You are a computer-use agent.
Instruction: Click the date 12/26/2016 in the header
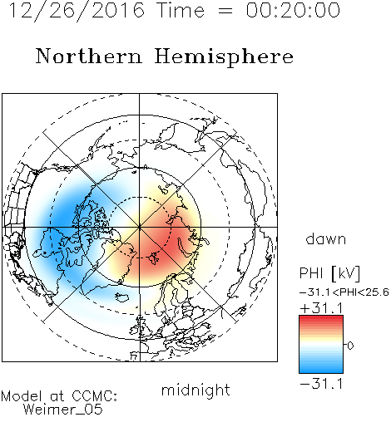(77, 11)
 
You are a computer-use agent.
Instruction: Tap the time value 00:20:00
(293, 10)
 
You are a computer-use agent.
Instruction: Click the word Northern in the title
(89, 56)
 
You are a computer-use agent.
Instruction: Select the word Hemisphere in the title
(224, 57)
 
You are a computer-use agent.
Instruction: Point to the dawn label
(326, 238)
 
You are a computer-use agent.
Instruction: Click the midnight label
(195, 390)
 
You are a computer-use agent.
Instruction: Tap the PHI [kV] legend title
(329, 273)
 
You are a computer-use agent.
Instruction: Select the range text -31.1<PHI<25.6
(344, 292)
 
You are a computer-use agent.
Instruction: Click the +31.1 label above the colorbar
(322, 308)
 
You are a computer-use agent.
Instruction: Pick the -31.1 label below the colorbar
(321, 384)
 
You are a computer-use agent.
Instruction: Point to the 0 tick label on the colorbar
(350, 346)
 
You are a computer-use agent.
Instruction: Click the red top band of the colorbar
(321, 320)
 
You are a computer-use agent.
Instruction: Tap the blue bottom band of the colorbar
(321, 369)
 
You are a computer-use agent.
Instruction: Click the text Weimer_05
(63, 410)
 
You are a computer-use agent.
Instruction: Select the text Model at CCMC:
(59, 396)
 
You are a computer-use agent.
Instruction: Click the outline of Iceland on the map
(121, 297)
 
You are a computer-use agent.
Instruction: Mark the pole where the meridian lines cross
(140, 227)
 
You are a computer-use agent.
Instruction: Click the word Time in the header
(181, 10)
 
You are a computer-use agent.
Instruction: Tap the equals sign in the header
(225, 11)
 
